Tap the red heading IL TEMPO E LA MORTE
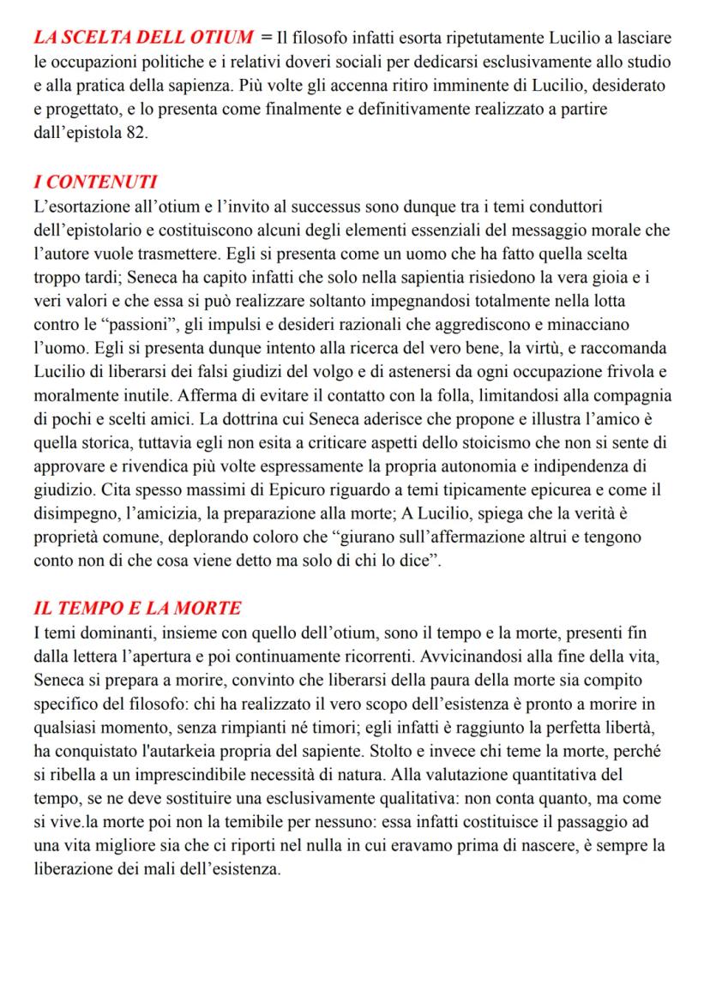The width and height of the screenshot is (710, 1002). (137, 609)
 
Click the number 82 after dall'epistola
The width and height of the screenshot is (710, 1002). (129, 136)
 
